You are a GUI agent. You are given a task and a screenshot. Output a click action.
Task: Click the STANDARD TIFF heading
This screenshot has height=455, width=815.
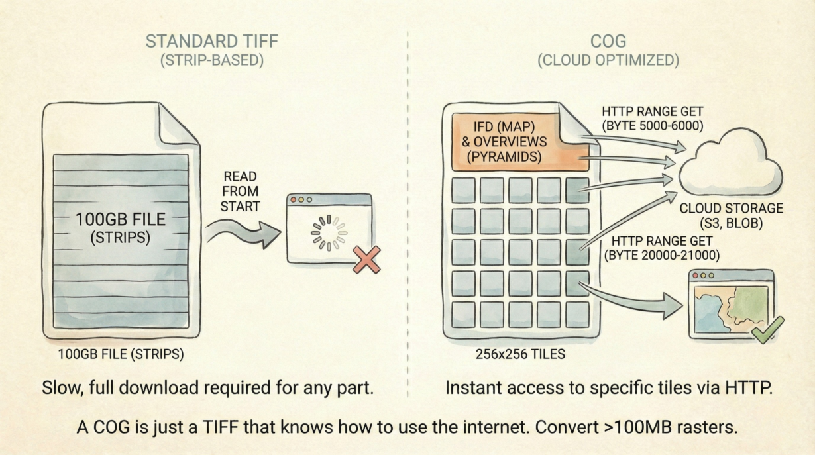click(x=211, y=41)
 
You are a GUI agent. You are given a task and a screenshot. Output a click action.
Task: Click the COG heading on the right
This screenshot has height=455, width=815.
click(x=608, y=41)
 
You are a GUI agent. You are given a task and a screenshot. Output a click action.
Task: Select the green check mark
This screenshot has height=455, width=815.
click(x=768, y=329)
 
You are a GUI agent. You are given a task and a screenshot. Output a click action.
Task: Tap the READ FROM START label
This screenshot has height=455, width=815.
click(x=240, y=191)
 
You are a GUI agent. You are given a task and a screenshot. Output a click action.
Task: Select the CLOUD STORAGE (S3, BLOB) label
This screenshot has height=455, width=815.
click(x=731, y=216)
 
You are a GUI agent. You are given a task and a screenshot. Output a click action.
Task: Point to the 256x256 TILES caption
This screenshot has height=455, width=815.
click(x=520, y=354)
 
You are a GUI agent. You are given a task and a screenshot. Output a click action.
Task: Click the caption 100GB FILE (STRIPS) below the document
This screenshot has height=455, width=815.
click(x=122, y=354)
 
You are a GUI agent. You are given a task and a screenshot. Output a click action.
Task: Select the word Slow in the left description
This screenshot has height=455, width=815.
click(x=58, y=387)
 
